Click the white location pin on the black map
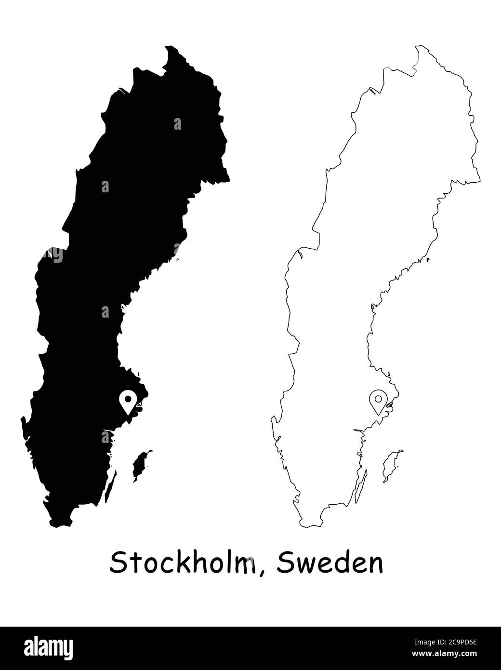coord(128,402)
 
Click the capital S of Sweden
coord(285,563)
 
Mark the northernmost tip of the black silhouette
coord(170,46)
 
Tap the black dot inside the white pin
coord(128,399)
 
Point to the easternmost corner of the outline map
coord(480,181)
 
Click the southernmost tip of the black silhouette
coord(60,527)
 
